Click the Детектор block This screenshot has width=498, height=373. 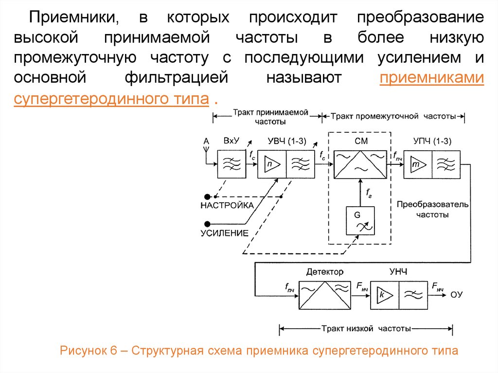pyautogui.click(x=324, y=295)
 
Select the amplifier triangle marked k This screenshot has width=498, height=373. pyautogui.click(x=384, y=295)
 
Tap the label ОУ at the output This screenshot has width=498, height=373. pyautogui.click(x=456, y=294)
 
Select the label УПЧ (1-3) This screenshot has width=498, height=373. pyautogui.click(x=432, y=142)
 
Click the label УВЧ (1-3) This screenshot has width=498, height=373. pyautogui.click(x=286, y=142)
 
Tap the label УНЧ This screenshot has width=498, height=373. pyautogui.click(x=399, y=271)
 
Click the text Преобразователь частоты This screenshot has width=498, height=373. pyautogui.click(x=432, y=209)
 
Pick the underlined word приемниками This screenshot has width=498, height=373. pyautogui.click(x=432, y=79)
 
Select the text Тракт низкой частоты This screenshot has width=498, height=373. pyautogui.click(x=366, y=329)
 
